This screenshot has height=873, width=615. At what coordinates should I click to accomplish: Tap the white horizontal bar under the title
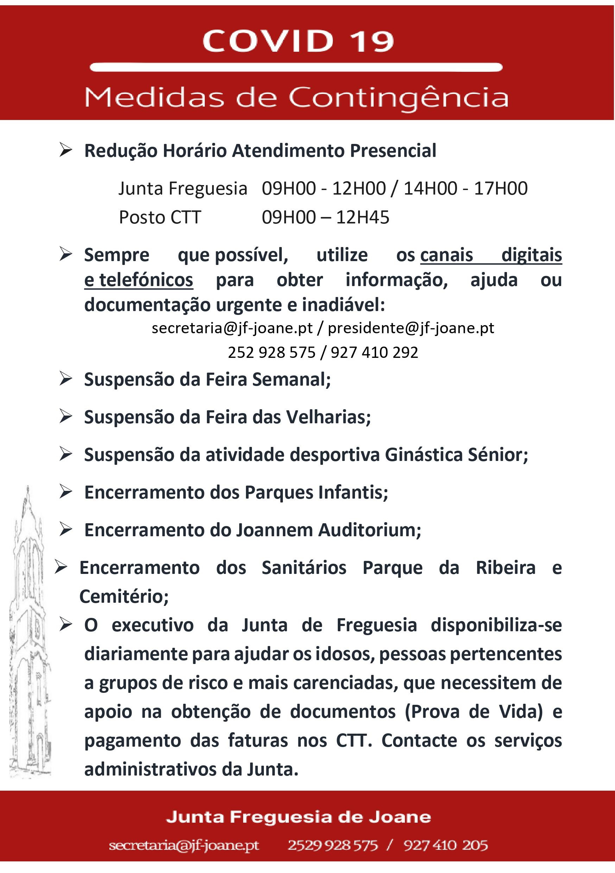pyautogui.click(x=296, y=68)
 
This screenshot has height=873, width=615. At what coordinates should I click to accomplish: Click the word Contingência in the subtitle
pyautogui.click(x=398, y=98)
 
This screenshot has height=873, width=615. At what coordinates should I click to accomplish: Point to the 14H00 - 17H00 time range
pyautogui.click(x=465, y=189)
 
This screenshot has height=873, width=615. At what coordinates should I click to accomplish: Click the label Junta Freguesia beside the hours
pyautogui.click(x=183, y=189)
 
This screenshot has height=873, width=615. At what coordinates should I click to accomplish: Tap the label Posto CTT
pyautogui.click(x=160, y=217)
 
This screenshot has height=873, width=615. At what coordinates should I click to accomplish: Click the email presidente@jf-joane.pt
pyautogui.click(x=411, y=328)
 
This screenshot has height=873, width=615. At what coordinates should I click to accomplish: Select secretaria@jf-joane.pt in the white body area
pyautogui.click(x=232, y=328)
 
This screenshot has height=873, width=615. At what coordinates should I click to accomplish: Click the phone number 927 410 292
pyautogui.click(x=374, y=353)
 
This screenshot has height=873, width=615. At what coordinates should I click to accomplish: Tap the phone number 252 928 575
pyautogui.click(x=272, y=353)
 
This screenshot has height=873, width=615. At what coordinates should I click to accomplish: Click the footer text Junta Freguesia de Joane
pyautogui.click(x=298, y=817)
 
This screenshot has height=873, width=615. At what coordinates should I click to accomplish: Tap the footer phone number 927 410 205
pyautogui.click(x=445, y=845)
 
